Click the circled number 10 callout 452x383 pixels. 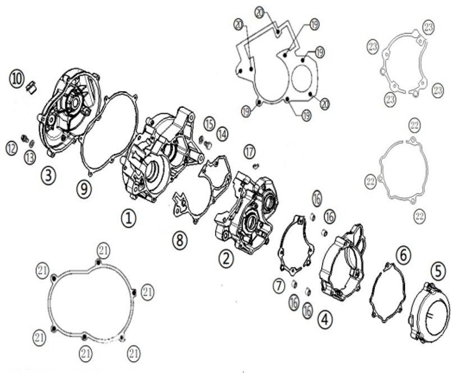[x=17, y=79]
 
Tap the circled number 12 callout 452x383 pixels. [x=12, y=148]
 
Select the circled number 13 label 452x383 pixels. [x=30, y=157]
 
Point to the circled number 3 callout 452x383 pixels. [x=48, y=175]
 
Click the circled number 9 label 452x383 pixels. [x=84, y=189]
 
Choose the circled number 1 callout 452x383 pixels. [x=129, y=218]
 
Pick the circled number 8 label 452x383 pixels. [x=180, y=240]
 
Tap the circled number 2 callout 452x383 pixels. [x=226, y=259]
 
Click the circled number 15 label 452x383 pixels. [x=209, y=124]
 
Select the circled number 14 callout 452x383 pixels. [x=222, y=134]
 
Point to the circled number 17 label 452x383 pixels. [x=250, y=152]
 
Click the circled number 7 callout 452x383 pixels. [x=278, y=286]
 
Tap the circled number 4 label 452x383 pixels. [x=325, y=320]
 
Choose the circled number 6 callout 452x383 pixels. [x=403, y=255]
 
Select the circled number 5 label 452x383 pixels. [x=438, y=272]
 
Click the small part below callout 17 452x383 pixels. [x=256, y=165]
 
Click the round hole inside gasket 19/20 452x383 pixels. [x=302, y=78]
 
